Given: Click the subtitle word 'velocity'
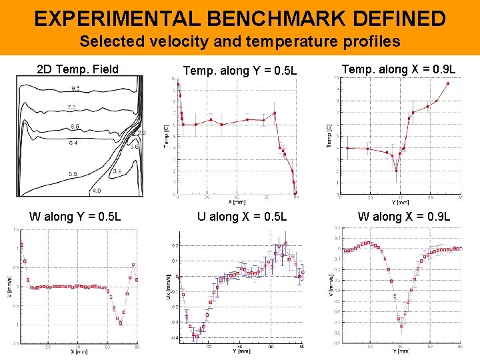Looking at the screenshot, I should pos(172,41).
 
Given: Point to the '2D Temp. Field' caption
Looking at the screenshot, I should pos(77,69).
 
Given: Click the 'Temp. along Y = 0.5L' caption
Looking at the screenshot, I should pos(240,70).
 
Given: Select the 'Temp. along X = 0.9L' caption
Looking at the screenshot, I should pos(399,69).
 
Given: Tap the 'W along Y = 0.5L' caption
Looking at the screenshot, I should pos(75,216).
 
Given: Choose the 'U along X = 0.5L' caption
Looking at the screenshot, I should pos(242,216).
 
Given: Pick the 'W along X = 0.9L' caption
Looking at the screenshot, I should pos(404,216).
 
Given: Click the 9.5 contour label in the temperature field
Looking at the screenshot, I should pos(75,89).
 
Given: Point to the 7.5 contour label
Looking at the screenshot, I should pos(71,108).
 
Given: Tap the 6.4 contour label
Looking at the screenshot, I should pos(73,143).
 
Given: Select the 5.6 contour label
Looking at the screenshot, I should pos(73,175).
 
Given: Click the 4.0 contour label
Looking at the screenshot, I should pos(97,191).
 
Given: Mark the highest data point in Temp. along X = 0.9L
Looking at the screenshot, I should pos(448,83).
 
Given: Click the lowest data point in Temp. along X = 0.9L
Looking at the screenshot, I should pos(396,171).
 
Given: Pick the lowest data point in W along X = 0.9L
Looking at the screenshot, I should pos(401,326).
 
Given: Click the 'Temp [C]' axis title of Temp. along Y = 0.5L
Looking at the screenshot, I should pos(167,136).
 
